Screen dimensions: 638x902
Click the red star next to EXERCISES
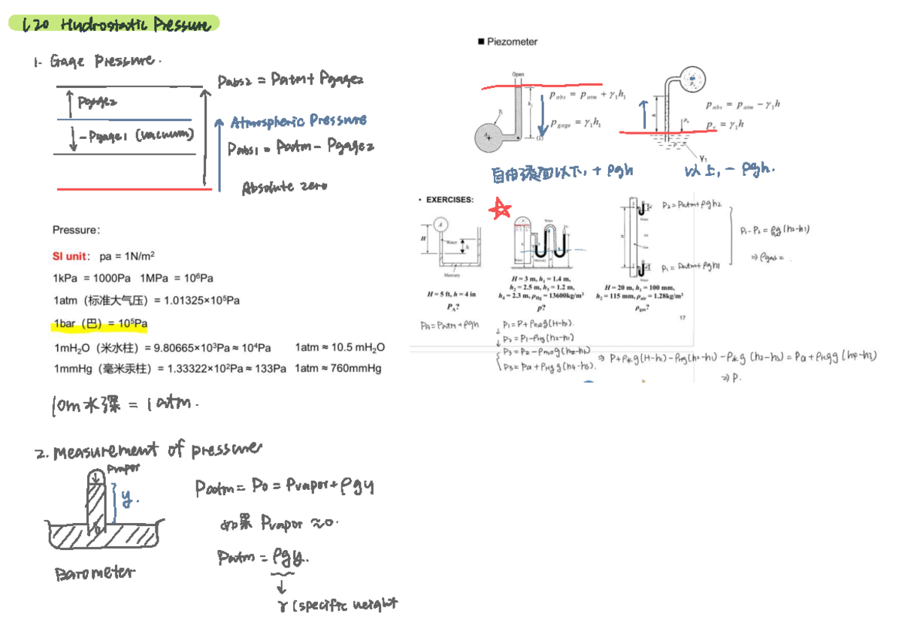click(498, 210)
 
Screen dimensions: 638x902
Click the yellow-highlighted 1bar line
click(100, 324)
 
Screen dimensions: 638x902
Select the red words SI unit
click(71, 256)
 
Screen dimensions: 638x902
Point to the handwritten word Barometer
click(95, 573)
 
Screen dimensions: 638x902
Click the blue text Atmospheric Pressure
click(298, 121)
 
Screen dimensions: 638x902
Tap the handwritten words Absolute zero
click(284, 187)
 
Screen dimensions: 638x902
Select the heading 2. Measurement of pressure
click(149, 451)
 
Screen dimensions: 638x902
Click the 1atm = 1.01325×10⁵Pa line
click(147, 301)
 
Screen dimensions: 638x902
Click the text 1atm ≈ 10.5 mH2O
click(340, 347)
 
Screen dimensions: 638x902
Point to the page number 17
click(683, 318)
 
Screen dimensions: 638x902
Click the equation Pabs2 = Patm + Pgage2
click(290, 80)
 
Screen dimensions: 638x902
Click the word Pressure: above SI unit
click(76, 230)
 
